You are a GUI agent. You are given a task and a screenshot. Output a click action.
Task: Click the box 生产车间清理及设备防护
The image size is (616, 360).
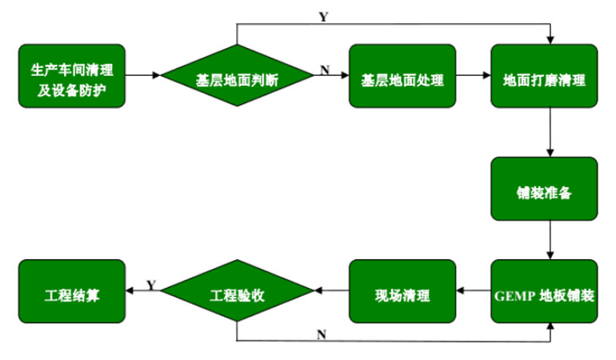(71, 76)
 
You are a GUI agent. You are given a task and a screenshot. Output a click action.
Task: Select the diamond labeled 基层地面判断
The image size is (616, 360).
(238, 77)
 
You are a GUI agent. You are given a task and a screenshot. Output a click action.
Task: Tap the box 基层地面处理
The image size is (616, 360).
(402, 77)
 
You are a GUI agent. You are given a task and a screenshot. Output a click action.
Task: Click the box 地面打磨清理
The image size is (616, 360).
(544, 77)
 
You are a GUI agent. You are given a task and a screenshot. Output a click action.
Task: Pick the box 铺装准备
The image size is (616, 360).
(544, 189)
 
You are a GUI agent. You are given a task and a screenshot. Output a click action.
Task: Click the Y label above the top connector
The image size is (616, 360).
(323, 17)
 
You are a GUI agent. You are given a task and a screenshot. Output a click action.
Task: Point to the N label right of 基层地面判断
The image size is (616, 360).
(325, 70)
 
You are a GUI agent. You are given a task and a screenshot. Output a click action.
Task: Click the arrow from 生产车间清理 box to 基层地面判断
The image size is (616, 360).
(143, 77)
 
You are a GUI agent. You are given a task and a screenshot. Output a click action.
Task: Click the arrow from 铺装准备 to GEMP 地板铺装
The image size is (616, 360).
(550, 240)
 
